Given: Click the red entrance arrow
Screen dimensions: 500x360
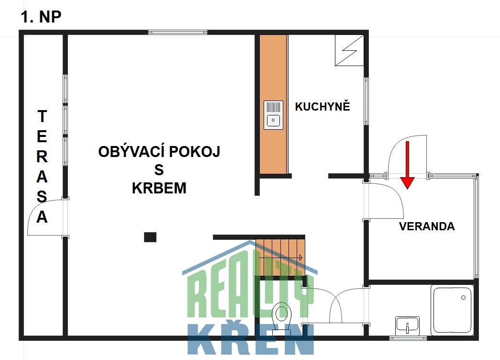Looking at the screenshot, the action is [408, 165].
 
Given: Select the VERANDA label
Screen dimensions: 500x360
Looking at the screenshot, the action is [427, 226].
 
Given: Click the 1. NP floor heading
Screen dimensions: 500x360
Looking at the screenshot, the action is [41, 17].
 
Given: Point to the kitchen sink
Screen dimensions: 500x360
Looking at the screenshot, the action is [273, 115].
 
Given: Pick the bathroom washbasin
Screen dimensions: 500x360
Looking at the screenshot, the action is [407, 326].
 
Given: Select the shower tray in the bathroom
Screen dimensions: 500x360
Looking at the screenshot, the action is [452, 310].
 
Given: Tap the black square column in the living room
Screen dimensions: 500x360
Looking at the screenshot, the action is [150, 237].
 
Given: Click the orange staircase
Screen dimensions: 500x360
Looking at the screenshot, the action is [280, 257].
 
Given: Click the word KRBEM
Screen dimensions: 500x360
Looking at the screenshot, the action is [159, 188].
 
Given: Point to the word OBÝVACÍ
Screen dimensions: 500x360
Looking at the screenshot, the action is [129, 151].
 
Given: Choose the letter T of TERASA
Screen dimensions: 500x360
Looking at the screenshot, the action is [42, 116].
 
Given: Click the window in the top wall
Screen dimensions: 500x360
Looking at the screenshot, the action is [178, 32].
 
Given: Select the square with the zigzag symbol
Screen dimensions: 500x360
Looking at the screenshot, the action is [349, 50].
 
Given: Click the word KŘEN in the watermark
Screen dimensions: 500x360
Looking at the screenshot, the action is [250, 339].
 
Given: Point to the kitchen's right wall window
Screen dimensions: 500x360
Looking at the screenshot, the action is [366, 101].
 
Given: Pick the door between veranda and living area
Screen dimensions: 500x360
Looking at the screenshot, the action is [385, 201].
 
